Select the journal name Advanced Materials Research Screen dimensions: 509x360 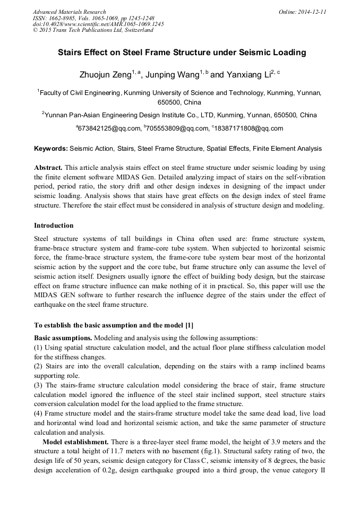pos(70,12)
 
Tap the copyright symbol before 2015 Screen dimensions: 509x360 pos(35,30)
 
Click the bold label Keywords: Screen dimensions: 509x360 pos(51,149)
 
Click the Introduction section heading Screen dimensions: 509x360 pos(54,226)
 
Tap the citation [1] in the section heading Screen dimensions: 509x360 pos(190,325)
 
